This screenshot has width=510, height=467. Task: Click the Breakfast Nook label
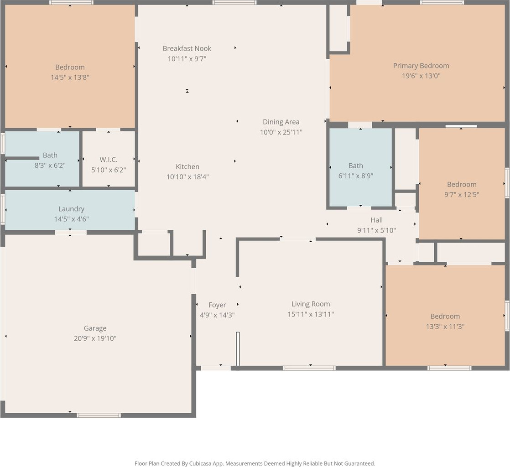[187, 48]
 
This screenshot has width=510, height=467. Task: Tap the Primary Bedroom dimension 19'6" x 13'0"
[421, 76]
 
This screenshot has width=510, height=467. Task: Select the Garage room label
[95, 328]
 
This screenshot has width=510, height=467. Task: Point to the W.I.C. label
[108, 160]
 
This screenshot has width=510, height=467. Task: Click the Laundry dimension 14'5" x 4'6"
[71, 219]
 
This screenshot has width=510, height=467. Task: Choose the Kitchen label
[187, 166]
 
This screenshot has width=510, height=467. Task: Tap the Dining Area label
[281, 122]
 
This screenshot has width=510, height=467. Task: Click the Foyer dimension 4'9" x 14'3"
[217, 315]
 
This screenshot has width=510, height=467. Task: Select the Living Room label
[311, 304]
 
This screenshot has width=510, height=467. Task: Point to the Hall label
[377, 220]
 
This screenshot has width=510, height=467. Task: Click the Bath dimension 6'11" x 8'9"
[356, 176]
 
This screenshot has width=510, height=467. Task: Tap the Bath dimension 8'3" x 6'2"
[50, 165]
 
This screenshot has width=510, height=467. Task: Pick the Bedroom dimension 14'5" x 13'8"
[70, 77]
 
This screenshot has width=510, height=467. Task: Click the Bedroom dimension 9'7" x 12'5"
[462, 194]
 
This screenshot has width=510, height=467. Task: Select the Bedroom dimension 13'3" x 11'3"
[445, 326]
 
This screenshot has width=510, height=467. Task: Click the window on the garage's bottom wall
[99, 415]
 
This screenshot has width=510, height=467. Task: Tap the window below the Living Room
[309, 368]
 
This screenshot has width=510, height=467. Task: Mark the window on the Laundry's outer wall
[3, 209]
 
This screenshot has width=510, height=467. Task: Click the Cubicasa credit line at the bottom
[255, 463]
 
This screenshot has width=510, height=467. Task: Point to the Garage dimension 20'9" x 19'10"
[95, 338]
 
